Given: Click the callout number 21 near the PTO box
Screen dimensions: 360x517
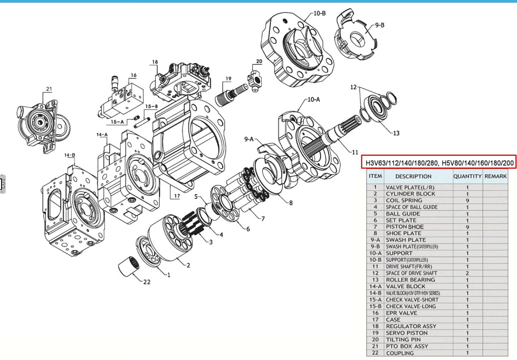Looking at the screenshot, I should pyautogui.click(x=48, y=89).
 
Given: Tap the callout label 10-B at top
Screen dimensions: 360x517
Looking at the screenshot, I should pyautogui.click(x=320, y=12).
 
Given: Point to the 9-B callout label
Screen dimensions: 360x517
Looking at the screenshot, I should pyautogui.click(x=380, y=25).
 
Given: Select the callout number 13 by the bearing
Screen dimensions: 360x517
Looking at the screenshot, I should pyautogui.click(x=396, y=133).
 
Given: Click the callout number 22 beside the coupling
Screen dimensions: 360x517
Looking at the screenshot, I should pyautogui.click(x=147, y=282).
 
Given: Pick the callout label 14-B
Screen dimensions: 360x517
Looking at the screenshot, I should pyautogui.click(x=70, y=155).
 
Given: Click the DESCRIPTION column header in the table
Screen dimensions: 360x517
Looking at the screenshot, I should pyautogui.click(x=413, y=176).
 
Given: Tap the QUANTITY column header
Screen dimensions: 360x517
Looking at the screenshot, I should pyautogui.click(x=467, y=176).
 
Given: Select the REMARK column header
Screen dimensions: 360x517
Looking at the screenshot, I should pyautogui.click(x=495, y=176).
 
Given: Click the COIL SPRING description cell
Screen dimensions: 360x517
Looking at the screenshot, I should pyautogui.click(x=404, y=201).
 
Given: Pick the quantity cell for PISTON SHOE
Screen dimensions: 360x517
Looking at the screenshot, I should pyautogui.click(x=467, y=227).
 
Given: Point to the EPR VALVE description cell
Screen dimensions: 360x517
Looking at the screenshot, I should pyautogui.click(x=401, y=313).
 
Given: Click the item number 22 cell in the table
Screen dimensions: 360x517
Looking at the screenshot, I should pyautogui.click(x=375, y=353).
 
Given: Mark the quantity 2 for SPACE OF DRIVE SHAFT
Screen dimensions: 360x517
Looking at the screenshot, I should pyautogui.click(x=467, y=274).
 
